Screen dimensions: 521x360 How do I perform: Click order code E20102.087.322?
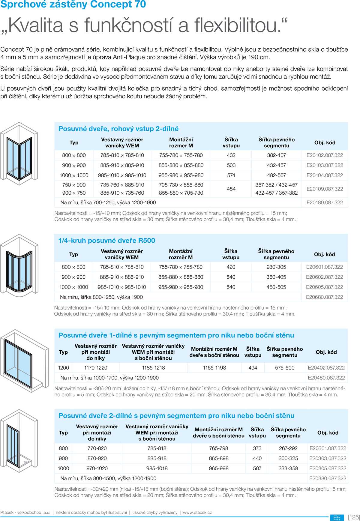[x=325, y=155]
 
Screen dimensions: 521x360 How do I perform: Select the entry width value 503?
[x=231, y=165]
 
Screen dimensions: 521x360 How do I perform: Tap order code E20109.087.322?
[x=325, y=189]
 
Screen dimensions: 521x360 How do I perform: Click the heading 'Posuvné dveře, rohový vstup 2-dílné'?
[x=118, y=129]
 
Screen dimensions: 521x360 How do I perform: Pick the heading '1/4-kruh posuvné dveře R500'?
[x=106, y=241]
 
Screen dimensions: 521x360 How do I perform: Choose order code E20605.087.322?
[x=324, y=287]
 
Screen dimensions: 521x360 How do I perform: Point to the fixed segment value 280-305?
[x=276, y=267]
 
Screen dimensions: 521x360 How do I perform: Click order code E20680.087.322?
[x=324, y=297]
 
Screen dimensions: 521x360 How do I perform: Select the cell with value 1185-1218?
[x=153, y=368]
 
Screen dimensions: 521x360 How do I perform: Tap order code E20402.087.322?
[x=326, y=368]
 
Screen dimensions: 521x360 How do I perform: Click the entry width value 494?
[x=253, y=368]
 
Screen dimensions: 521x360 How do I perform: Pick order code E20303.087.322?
[x=328, y=458]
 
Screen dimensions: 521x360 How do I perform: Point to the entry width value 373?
[x=257, y=448]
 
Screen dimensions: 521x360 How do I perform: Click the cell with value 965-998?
[x=218, y=469]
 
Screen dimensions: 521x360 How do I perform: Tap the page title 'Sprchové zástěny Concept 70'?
[x=73, y=4]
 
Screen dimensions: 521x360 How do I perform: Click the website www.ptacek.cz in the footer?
[x=197, y=512]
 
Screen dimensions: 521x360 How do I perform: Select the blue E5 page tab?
[x=337, y=518]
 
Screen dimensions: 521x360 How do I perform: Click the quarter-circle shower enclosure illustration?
[x=19, y=264]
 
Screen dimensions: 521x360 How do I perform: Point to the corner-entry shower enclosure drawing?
[x=19, y=151]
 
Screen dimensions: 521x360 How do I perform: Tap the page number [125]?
[x=354, y=517]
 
